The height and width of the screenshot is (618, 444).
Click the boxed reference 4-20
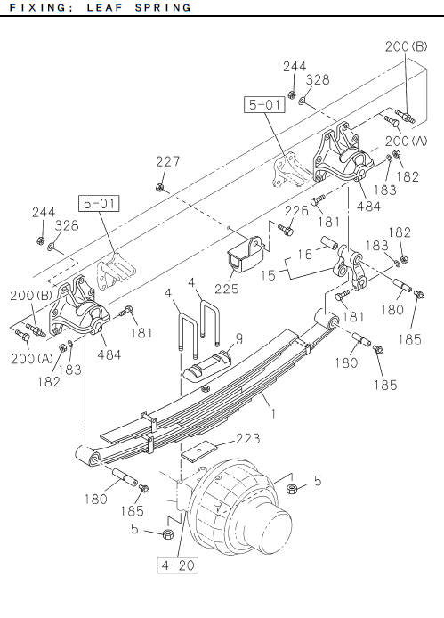coord(177,565)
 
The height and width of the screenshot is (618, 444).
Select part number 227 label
coord(168,161)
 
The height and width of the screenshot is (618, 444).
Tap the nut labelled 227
coord(159,187)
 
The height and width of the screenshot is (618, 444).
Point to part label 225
coord(227,289)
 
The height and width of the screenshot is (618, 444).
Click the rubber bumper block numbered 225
coord(245,256)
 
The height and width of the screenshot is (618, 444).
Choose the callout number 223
coord(248,439)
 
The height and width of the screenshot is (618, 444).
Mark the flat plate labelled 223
coord(199,451)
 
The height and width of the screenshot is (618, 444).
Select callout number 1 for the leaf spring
coord(273,413)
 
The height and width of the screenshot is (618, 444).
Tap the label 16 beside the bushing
coord(304,254)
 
